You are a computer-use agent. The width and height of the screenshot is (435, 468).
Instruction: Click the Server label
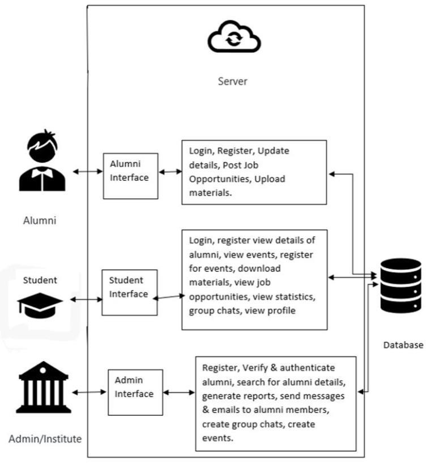[233, 81]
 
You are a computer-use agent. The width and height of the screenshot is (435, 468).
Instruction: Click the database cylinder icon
[400, 286]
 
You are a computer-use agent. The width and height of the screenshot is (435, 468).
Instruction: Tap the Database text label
[403, 344]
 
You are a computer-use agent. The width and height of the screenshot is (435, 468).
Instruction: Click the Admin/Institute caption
[45, 439]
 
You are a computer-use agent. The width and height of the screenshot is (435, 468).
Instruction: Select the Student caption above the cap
[40, 280]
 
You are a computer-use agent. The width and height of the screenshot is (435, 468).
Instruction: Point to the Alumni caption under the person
[40, 220]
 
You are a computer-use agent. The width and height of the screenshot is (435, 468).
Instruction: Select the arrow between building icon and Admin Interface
[89, 392]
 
